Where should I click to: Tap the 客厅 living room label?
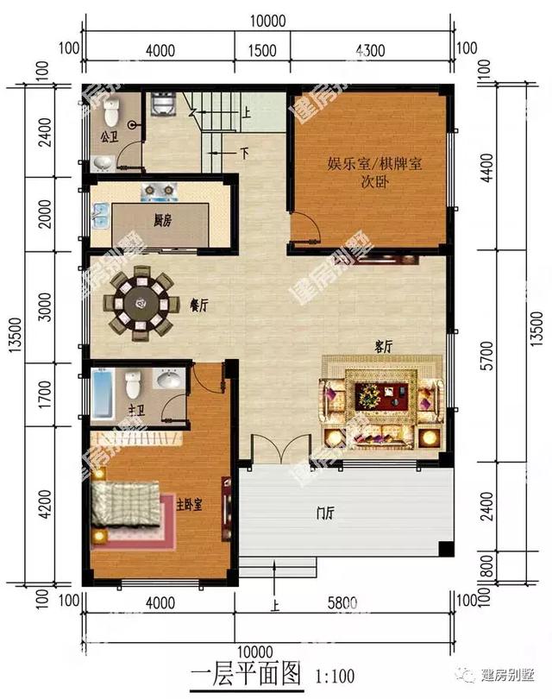coord(383,346)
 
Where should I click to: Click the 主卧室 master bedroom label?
coord(189,505)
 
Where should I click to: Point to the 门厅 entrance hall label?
coord(325,515)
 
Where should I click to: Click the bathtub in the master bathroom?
coord(102,393)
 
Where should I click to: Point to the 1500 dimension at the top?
coord(261,51)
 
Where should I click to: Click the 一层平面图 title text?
coord(242,673)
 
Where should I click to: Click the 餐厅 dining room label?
coord(198,305)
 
